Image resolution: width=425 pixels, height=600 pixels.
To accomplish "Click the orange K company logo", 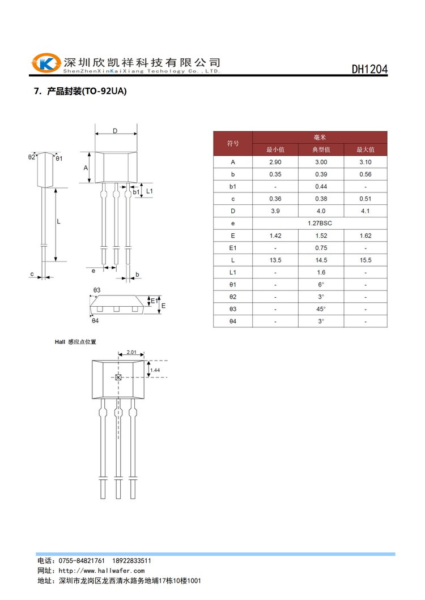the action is point(46,63).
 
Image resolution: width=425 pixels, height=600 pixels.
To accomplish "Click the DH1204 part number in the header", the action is point(369,69).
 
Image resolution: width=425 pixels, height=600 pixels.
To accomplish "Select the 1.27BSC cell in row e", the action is point(320,223).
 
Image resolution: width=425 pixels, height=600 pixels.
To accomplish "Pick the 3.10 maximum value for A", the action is point(365,162).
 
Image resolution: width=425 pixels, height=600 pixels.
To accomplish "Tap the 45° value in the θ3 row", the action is point(321,309).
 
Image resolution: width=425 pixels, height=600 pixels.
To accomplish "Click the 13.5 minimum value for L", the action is point(275,260).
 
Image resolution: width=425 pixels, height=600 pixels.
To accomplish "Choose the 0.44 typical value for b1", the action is point(321,186).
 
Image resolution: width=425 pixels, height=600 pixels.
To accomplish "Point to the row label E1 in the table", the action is point(233,247).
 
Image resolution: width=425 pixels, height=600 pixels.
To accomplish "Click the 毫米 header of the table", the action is point(319,137).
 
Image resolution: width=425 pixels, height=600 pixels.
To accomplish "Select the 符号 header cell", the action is point(233,143).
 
